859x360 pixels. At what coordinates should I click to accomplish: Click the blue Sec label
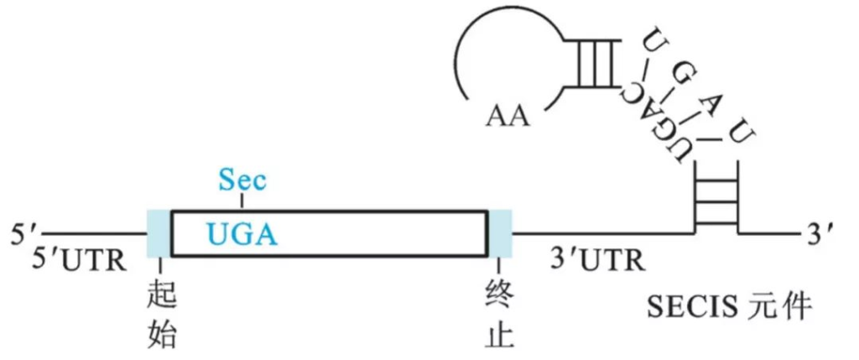pyautogui.click(x=242, y=180)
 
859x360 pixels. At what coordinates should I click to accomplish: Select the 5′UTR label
pyautogui.click(x=81, y=261)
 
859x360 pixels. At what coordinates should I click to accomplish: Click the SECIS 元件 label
pyautogui.click(x=729, y=307)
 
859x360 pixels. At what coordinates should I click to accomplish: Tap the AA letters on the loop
pyautogui.click(x=508, y=113)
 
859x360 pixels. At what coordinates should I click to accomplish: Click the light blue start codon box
pyautogui.click(x=159, y=232)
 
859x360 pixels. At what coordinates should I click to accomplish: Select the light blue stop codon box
pyautogui.click(x=501, y=232)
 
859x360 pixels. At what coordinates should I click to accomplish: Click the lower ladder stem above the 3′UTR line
pyautogui.click(x=716, y=197)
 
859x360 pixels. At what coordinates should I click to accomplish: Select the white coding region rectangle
pyautogui.click(x=377, y=232)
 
